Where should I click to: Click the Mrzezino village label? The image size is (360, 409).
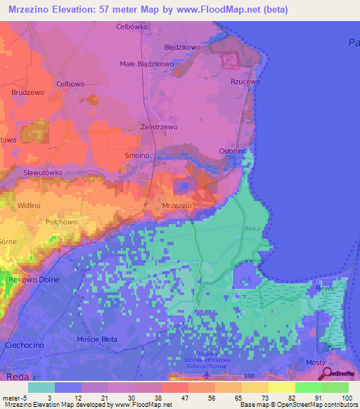coord(177,205)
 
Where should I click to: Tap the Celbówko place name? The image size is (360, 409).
coord(132,27)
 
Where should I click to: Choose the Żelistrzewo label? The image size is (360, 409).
coord(158,127)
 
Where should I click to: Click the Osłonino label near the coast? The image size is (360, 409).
coord(233,150)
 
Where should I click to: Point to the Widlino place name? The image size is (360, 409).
coord(29,205)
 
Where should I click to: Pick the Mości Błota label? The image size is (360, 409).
coord(97,339)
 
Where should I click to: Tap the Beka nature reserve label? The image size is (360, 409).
coord(252,228)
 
